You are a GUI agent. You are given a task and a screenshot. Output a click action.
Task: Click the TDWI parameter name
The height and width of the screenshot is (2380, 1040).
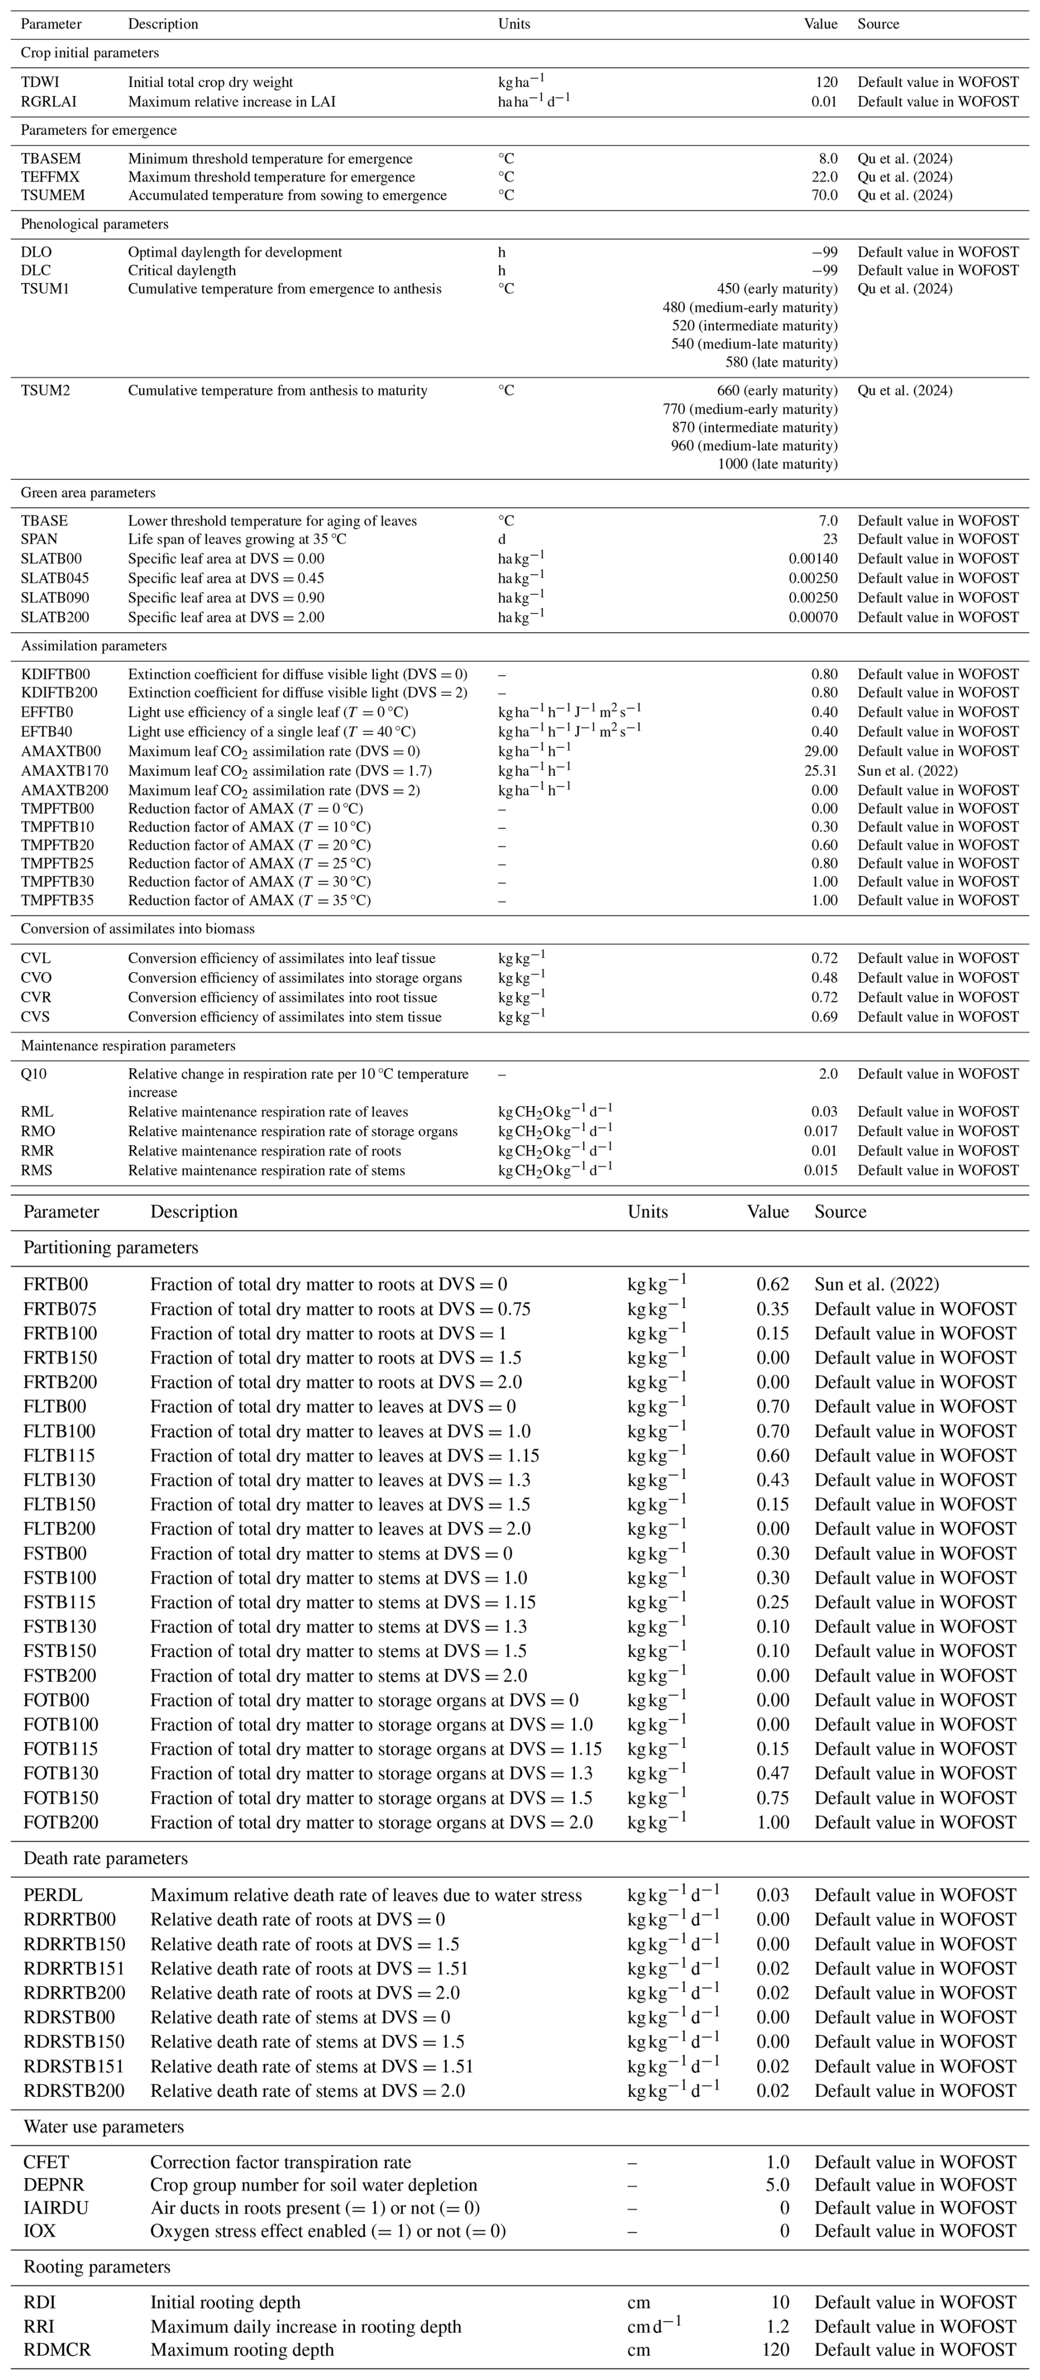coord(39,82)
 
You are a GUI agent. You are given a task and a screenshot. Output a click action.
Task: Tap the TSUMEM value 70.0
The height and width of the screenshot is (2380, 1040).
coord(822,195)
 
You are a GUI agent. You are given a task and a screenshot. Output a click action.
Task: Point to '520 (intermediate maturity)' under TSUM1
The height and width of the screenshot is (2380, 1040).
coord(755,325)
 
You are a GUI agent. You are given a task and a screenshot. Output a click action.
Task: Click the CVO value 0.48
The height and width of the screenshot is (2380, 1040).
coord(824,978)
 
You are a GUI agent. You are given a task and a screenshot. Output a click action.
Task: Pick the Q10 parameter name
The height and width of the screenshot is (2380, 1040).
coord(33,1074)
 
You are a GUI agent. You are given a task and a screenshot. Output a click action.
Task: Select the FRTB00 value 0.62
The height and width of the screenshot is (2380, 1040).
coord(772,1284)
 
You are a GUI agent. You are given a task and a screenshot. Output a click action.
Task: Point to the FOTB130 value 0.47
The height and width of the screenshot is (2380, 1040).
coord(772,1773)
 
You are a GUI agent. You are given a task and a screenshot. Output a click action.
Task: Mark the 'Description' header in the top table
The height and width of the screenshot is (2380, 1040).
coord(163,24)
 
